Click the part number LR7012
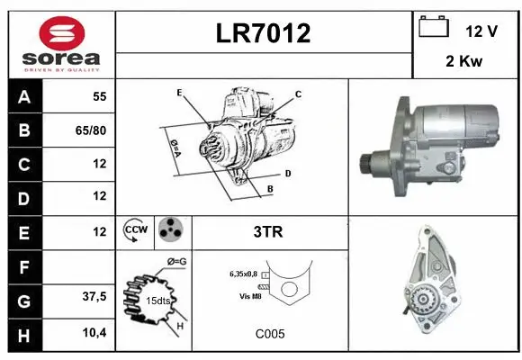[264, 34]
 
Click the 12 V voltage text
[481, 31]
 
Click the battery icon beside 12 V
[434, 27]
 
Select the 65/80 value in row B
[92, 131]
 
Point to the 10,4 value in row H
[94, 333]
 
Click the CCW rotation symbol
[137, 231]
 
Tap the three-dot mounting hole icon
[171, 230]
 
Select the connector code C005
[269, 334]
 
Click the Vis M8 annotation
[251, 296]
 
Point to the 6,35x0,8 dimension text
[243, 274]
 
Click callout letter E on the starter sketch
[179, 93]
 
